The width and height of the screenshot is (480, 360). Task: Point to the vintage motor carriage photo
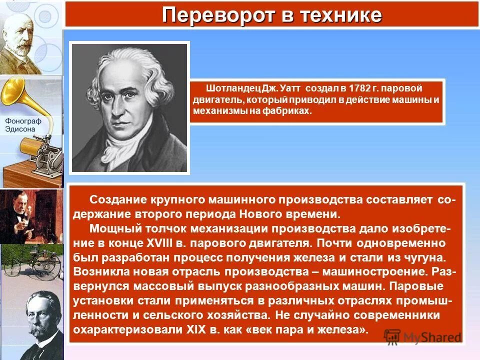coord(31,265)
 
